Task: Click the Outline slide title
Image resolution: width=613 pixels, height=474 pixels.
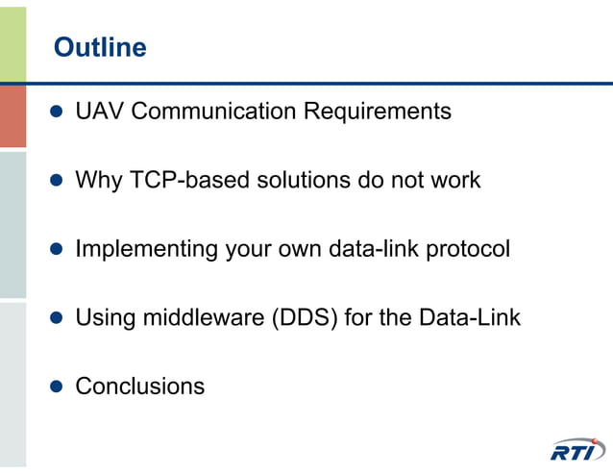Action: point(100,47)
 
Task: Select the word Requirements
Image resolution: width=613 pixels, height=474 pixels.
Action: point(378,112)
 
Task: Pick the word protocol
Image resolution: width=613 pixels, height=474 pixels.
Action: point(468,249)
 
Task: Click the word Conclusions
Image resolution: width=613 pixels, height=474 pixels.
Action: point(140,387)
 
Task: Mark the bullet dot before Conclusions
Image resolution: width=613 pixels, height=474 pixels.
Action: point(56,387)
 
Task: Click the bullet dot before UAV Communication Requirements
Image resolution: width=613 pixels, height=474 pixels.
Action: point(56,112)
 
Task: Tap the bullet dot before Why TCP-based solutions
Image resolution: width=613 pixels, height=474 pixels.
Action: point(56,180)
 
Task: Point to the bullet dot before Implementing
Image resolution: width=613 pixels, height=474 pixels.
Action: point(56,249)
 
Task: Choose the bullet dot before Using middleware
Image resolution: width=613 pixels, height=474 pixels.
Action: point(56,317)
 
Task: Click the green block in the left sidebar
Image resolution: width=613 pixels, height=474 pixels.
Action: point(12,43)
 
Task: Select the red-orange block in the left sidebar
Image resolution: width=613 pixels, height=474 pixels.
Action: point(12,115)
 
